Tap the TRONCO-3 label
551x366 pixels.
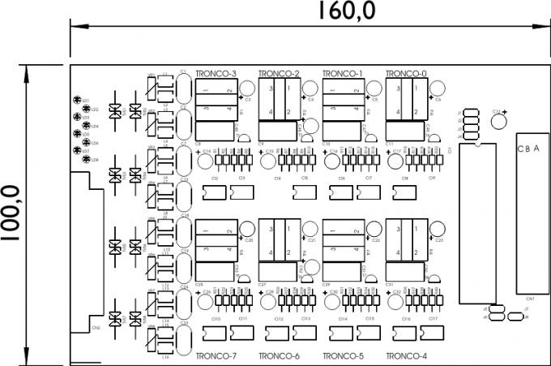coord(216,74)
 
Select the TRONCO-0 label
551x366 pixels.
coord(406,74)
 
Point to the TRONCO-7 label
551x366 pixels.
coord(216,356)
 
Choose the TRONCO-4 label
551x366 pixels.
coord(406,356)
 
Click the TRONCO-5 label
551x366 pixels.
coord(343,356)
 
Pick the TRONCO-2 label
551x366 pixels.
coord(279,74)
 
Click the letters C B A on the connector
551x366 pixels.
coord(530,149)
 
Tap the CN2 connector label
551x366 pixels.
coord(96,328)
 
